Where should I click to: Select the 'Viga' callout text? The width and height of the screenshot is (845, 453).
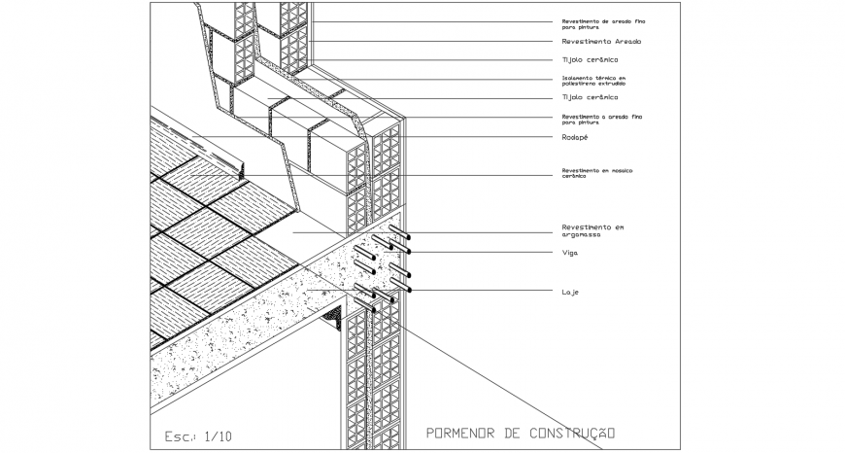pos(569,253)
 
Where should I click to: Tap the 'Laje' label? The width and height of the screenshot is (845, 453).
pos(570,292)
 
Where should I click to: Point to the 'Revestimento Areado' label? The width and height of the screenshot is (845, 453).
pos(601,42)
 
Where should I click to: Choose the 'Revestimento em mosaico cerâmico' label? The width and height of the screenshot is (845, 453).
pos(596,174)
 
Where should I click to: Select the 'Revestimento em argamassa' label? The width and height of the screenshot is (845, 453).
pos(592,230)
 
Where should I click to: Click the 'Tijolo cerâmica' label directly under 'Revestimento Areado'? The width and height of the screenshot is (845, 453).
pos(590,60)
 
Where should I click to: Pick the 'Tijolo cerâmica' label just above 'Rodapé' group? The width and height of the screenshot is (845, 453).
pos(590,98)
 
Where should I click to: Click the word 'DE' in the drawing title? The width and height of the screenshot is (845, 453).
pos(512,433)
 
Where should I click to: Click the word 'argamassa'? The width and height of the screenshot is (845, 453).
pos(583,234)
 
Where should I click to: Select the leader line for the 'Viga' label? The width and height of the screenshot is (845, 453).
pos(486,253)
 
